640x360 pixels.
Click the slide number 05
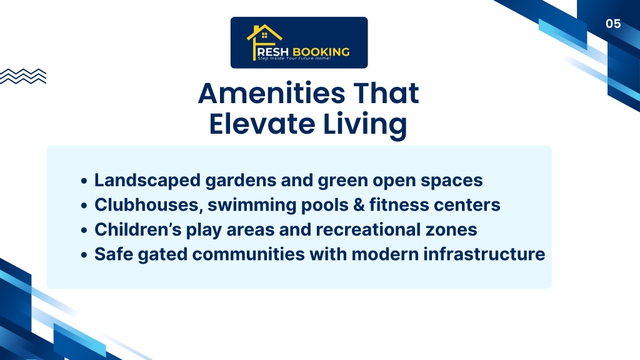click(613, 24)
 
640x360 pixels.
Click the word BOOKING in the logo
click(321, 52)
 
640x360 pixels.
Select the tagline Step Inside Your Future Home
click(294, 58)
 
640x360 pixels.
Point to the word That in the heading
click(386, 93)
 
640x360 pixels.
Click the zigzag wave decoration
click(23, 76)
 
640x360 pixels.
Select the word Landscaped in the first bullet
click(147, 181)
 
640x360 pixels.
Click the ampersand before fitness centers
click(359, 205)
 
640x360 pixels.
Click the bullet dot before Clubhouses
click(84, 205)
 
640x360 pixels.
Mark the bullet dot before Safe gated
click(84, 255)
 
